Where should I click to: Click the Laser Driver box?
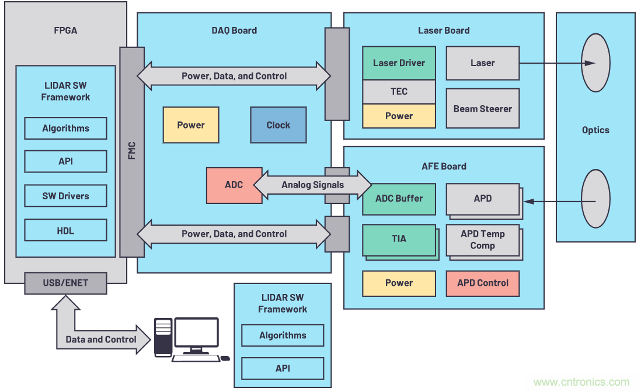point(399,63)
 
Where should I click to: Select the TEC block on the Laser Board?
point(399,92)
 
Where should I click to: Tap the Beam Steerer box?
point(482,109)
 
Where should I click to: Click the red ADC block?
point(234,185)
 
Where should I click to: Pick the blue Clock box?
point(278,125)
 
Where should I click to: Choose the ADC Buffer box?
point(399,199)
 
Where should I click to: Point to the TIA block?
point(399,239)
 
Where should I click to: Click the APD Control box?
point(482,283)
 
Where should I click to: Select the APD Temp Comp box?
point(482,240)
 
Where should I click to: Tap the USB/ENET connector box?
point(65,283)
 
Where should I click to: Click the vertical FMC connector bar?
point(132,152)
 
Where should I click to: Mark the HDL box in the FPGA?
point(65,231)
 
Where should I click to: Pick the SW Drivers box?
point(65,196)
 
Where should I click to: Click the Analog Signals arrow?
point(312,185)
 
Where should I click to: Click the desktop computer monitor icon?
point(197,334)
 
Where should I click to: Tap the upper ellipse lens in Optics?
point(595,63)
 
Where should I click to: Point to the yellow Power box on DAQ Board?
point(191,125)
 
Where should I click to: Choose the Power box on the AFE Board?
point(399,283)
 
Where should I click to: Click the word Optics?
point(595,130)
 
